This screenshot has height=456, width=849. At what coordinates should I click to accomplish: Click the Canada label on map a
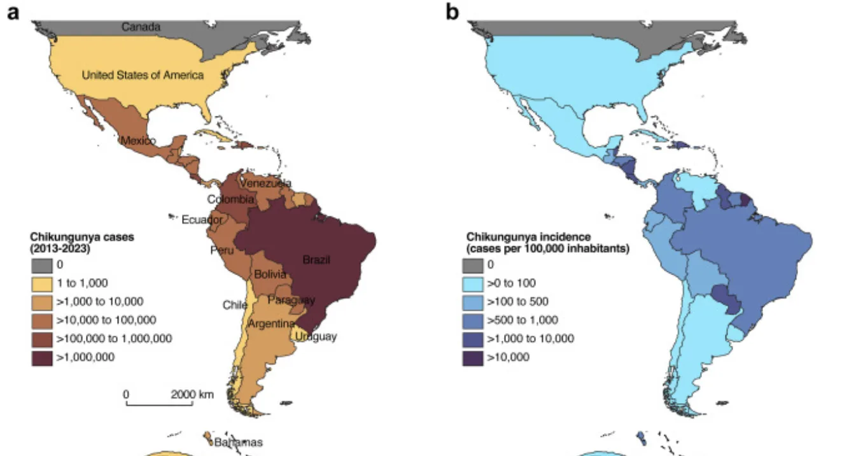pyautogui.click(x=141, y=27)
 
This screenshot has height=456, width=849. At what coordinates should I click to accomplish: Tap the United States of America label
pyautogui.click(x=143, y=75)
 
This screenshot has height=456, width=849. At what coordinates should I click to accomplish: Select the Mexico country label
pyautogui.click(x=137, y=141)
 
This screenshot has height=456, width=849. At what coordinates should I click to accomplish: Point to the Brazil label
pyautogui.click(x=316, y=260)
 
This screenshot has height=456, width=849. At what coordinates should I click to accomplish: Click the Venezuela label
pyautogui.click(x=265, y=183)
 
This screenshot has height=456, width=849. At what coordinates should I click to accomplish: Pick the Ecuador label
pyautogui.click(x=202, y=220)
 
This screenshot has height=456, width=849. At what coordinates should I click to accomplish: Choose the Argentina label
pyautogui.click(x=270, y=324)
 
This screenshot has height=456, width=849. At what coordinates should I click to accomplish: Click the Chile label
pyautogui.click(x=234, y=305)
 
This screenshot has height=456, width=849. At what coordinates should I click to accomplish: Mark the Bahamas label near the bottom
pyautogui.click(x=238, y=442)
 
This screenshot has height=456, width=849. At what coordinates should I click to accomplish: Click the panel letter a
pyautogui.click(x=12, y=13)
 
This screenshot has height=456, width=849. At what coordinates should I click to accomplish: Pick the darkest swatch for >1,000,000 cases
pyautogui.click(x=41, y=357)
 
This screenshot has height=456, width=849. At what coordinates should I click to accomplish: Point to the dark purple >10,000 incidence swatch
pyautogui.click(x=472, y=357)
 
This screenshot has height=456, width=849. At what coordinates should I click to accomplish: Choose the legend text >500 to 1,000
pyautogui.click(x=522, y=320)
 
